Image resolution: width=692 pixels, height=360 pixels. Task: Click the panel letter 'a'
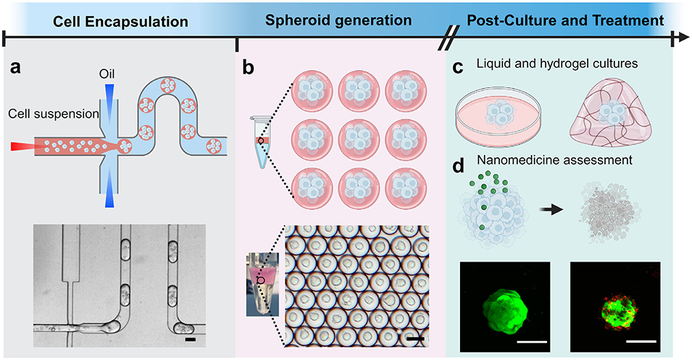point(15,69)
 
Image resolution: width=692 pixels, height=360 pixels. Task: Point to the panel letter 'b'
point(248,70)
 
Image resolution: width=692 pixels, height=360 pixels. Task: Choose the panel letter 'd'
point(458,167)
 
